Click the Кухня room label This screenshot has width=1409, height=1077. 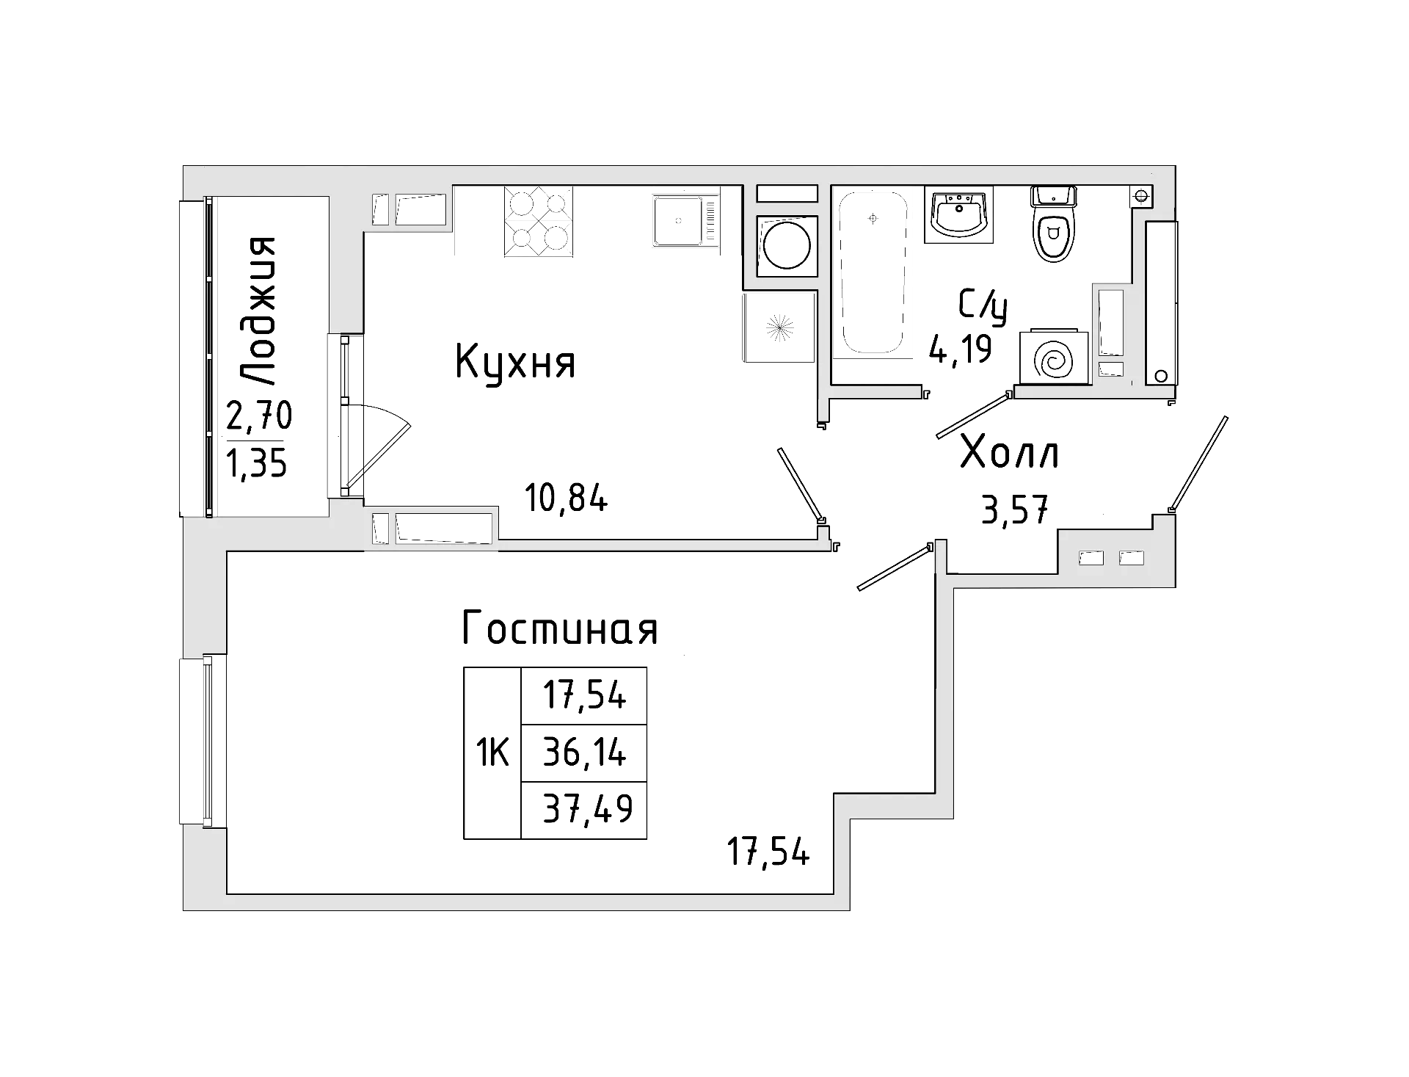pos(515,362)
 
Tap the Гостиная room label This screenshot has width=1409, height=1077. pos(559,629)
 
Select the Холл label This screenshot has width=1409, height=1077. pos(1009,452)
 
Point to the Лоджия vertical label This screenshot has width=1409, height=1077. pos(259,311)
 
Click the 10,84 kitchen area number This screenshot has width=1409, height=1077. pos(566,499)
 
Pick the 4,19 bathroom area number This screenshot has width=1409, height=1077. pos(960,349)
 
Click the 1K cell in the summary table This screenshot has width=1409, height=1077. pos(492,753)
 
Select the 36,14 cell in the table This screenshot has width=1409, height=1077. pos(584,753)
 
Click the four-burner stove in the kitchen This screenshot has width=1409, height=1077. pos(538,221)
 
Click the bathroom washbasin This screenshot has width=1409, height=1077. pos(958,214)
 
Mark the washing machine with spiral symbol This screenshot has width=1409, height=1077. pos(1052,358)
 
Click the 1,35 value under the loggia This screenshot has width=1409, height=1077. pos(257,464)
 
